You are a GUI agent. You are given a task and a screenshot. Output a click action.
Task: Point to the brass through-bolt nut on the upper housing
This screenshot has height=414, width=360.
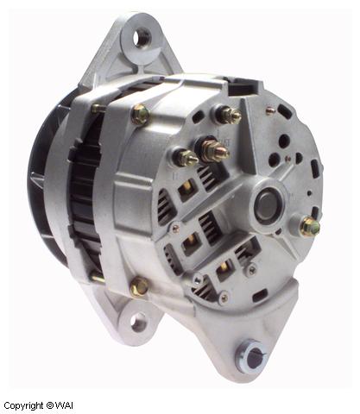click(139, 113)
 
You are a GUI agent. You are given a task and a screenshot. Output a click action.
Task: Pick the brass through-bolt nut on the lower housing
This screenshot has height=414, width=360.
click(137, 286)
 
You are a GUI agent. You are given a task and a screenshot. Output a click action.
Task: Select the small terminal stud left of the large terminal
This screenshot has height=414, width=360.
click(184, 158)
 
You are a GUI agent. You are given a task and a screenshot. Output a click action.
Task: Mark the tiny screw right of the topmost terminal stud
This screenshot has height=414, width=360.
click(269, 110)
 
